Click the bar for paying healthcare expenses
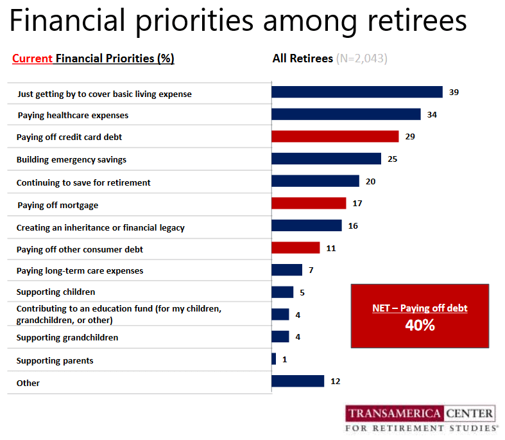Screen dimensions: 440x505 [346, 114]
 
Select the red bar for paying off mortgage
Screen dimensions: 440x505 [309, 203]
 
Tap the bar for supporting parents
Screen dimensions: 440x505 [274, 359]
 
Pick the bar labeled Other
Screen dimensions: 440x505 [298, 381]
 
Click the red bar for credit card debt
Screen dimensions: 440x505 [335, 136]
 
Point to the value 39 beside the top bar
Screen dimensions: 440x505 [454, 92]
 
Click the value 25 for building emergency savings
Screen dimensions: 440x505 [393, 159]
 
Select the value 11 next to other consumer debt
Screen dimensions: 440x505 [331, 248]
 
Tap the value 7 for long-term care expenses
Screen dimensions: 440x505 [311, 270]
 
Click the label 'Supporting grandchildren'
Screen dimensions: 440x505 [67, 338]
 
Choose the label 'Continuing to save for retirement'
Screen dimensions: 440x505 [83, 182]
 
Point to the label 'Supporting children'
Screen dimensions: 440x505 [56, 292]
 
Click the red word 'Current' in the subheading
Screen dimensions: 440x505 [32, 58]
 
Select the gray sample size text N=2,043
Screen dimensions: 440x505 [361, 58]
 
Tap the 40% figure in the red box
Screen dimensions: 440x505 [420, 325]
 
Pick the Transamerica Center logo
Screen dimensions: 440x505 [421, 418]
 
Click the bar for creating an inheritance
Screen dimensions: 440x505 [307, 225]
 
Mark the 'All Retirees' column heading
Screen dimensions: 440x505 [303, 58]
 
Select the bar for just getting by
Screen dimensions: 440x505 [357, 92]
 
